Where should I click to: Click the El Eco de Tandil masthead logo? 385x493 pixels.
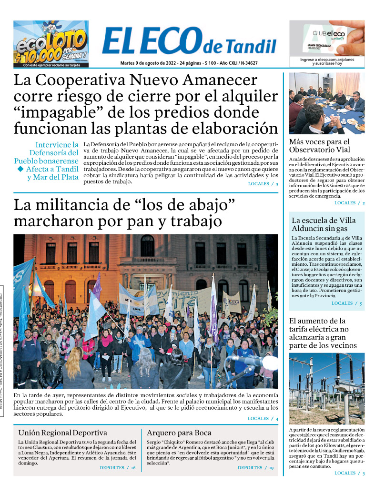click(x=189, y=42)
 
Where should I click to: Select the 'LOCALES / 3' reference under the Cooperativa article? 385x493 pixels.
click(x=263, y=184)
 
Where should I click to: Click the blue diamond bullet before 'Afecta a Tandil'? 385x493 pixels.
click(x=20, y=169)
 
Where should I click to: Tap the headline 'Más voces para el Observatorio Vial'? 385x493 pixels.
click(x=319, y=145)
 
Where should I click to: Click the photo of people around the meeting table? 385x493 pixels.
click(x=326, y=103)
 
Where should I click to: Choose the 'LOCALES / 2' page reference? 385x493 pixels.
click(x=349, y=203)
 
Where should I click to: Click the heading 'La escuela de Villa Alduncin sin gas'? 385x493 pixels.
click(x=324, y=224)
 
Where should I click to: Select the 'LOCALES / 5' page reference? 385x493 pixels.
click(x=346, y=303)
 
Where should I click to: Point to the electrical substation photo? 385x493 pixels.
click(x=326, y=388)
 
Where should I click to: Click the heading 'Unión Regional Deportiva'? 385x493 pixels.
click(x=62, y=433)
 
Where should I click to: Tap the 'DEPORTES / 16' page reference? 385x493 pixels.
click(x=117, y=468)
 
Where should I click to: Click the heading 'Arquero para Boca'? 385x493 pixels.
click(x=179, y=433)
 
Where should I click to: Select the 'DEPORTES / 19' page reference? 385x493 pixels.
click(x=255, y=468)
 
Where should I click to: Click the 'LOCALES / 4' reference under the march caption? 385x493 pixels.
click(x=263, y=418)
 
